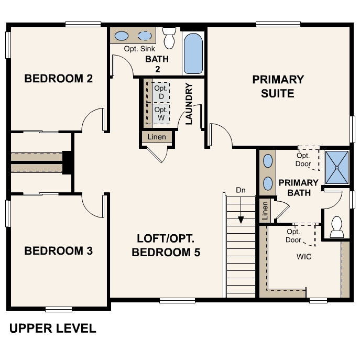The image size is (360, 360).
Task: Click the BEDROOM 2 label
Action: tap(59, 79)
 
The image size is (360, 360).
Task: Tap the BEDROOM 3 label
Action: tap(59, 251)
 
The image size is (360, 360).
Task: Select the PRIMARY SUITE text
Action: tap(278, 86)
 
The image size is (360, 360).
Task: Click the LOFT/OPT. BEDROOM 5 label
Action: tap(166, 245)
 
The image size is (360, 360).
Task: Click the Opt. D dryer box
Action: tap(160, 92)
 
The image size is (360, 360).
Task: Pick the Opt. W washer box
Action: tap(160, 114)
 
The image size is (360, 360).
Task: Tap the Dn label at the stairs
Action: tap(241, 190)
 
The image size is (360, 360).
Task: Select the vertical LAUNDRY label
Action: tap(189, 104)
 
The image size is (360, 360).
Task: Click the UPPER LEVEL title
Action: tap(53, 329)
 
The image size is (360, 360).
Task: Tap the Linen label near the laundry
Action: tap(157, 137)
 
